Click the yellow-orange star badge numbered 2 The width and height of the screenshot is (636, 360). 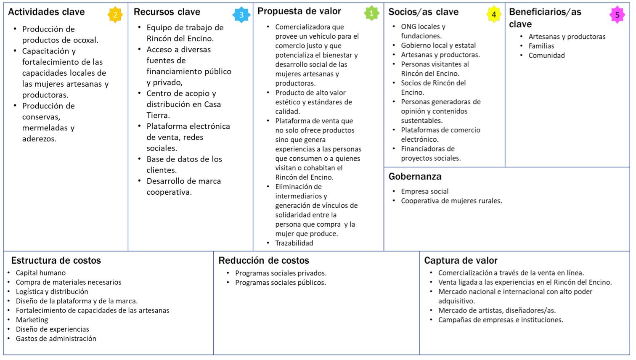click(x=114, y=15)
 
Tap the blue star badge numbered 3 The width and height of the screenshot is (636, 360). click(x=241, y=15)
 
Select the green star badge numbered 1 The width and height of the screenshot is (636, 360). click(x=371, y=13)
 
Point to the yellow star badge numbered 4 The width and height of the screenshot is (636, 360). click(x=494, y=15)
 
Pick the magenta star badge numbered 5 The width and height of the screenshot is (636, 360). click(x=617, y=15)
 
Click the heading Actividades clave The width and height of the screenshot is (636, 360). click(x=46, y=12)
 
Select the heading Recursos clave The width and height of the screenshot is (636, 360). click(x=167, y=12)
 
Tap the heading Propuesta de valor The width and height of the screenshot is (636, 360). click(x=299, y=11)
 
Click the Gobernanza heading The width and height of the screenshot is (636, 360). click(x=415, y=176)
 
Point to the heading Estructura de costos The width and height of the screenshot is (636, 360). click(x=56, y=260)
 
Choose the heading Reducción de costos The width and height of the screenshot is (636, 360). click(x=264, y=260)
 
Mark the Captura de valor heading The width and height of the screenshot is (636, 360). click(x=461, y=260)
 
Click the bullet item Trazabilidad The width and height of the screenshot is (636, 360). click(x=294, y=243)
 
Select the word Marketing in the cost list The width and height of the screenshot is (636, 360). click(x=32, y=320)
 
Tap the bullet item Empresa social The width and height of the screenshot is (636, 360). click(x=424, y=191)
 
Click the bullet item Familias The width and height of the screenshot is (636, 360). click(x=541, y=46)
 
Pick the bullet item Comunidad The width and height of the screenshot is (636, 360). click(x=546, y=56)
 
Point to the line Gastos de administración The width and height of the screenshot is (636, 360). click(x=56, y=339)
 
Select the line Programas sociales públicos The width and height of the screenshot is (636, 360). click(x=281, y=283)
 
